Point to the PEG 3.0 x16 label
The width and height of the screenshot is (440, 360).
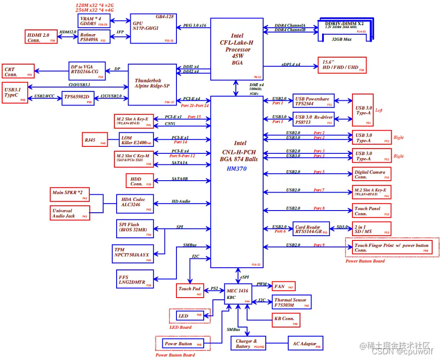tap(195, 26)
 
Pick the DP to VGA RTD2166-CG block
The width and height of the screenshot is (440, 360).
tap(87, 71)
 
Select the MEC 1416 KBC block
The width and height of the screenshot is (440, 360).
tap(238, 293)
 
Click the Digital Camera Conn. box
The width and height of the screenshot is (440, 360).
tap(372, 174)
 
